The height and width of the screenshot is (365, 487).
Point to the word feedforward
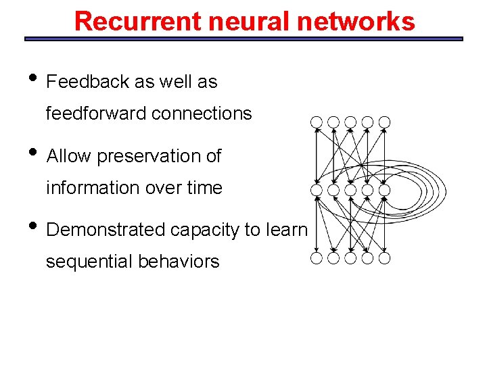(x=96, y=114)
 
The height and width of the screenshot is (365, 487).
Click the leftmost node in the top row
(x=317, y=122)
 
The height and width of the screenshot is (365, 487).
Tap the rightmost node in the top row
(x=384, y=122)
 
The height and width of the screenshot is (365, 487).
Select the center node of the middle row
(x=350, y=190)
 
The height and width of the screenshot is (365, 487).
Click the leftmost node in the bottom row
(x=317, y=258)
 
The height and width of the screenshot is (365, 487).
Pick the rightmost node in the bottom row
(x=384, y=258)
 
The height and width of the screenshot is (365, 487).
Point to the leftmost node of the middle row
(x=317, y=190)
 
